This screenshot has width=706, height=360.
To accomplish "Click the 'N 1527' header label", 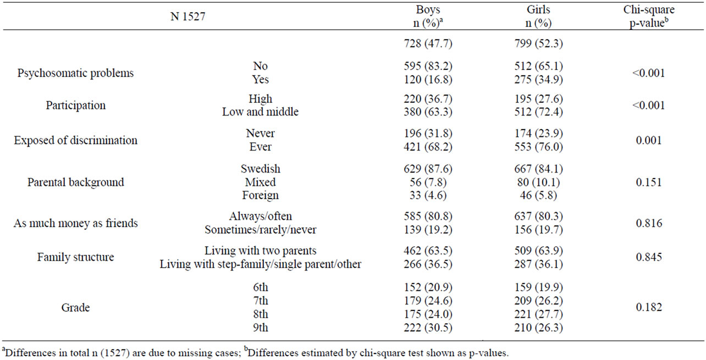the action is pyautogui.click(x=188, y=16).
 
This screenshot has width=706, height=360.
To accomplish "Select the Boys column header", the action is pyautogui.click(x=428, y=16).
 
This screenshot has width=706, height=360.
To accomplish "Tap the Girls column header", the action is pyautogui.click(x=538, y=16).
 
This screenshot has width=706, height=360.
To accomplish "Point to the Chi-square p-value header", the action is pyautogui.click(x=649, y=16).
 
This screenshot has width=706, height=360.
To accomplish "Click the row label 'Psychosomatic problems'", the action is pyautogui.click(x=76, y=73).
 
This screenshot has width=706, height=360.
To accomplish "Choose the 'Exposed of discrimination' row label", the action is pyautogui.click(x=76, y=140).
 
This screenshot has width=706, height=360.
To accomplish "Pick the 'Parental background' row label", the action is pyautogui.click(x=76, y=182).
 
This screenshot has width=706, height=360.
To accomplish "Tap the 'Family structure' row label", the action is pyautogui.click(x=76, y=257).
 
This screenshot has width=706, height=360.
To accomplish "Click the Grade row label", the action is pyautogui.click(x=76, y=307).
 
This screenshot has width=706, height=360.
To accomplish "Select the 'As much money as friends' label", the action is pyautogui.click(x=76, y=223).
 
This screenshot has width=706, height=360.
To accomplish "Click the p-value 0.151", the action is pyautogui.click(x=649, y=182).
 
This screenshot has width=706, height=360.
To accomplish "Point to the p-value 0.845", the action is pyautogui.click(x=649, y=257).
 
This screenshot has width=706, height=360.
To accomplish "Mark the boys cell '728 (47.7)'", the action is pyautogui.click(x=428, y=43).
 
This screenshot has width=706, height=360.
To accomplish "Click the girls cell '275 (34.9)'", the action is pyautogui.click(x=539, y=79).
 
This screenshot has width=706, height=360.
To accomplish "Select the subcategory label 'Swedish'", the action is pyautogui.click(x=260, y=169).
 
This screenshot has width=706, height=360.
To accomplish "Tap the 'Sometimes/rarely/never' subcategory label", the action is pyautogui.click(x=260, y=230).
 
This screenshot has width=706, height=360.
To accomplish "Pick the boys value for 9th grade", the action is pyautogui.click(x=428, y=328).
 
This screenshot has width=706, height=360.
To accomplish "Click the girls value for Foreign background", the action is pyautogui.click(x=539, y=195).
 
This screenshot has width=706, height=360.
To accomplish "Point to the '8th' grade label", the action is pyautogui.click(x=260, y=314).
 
